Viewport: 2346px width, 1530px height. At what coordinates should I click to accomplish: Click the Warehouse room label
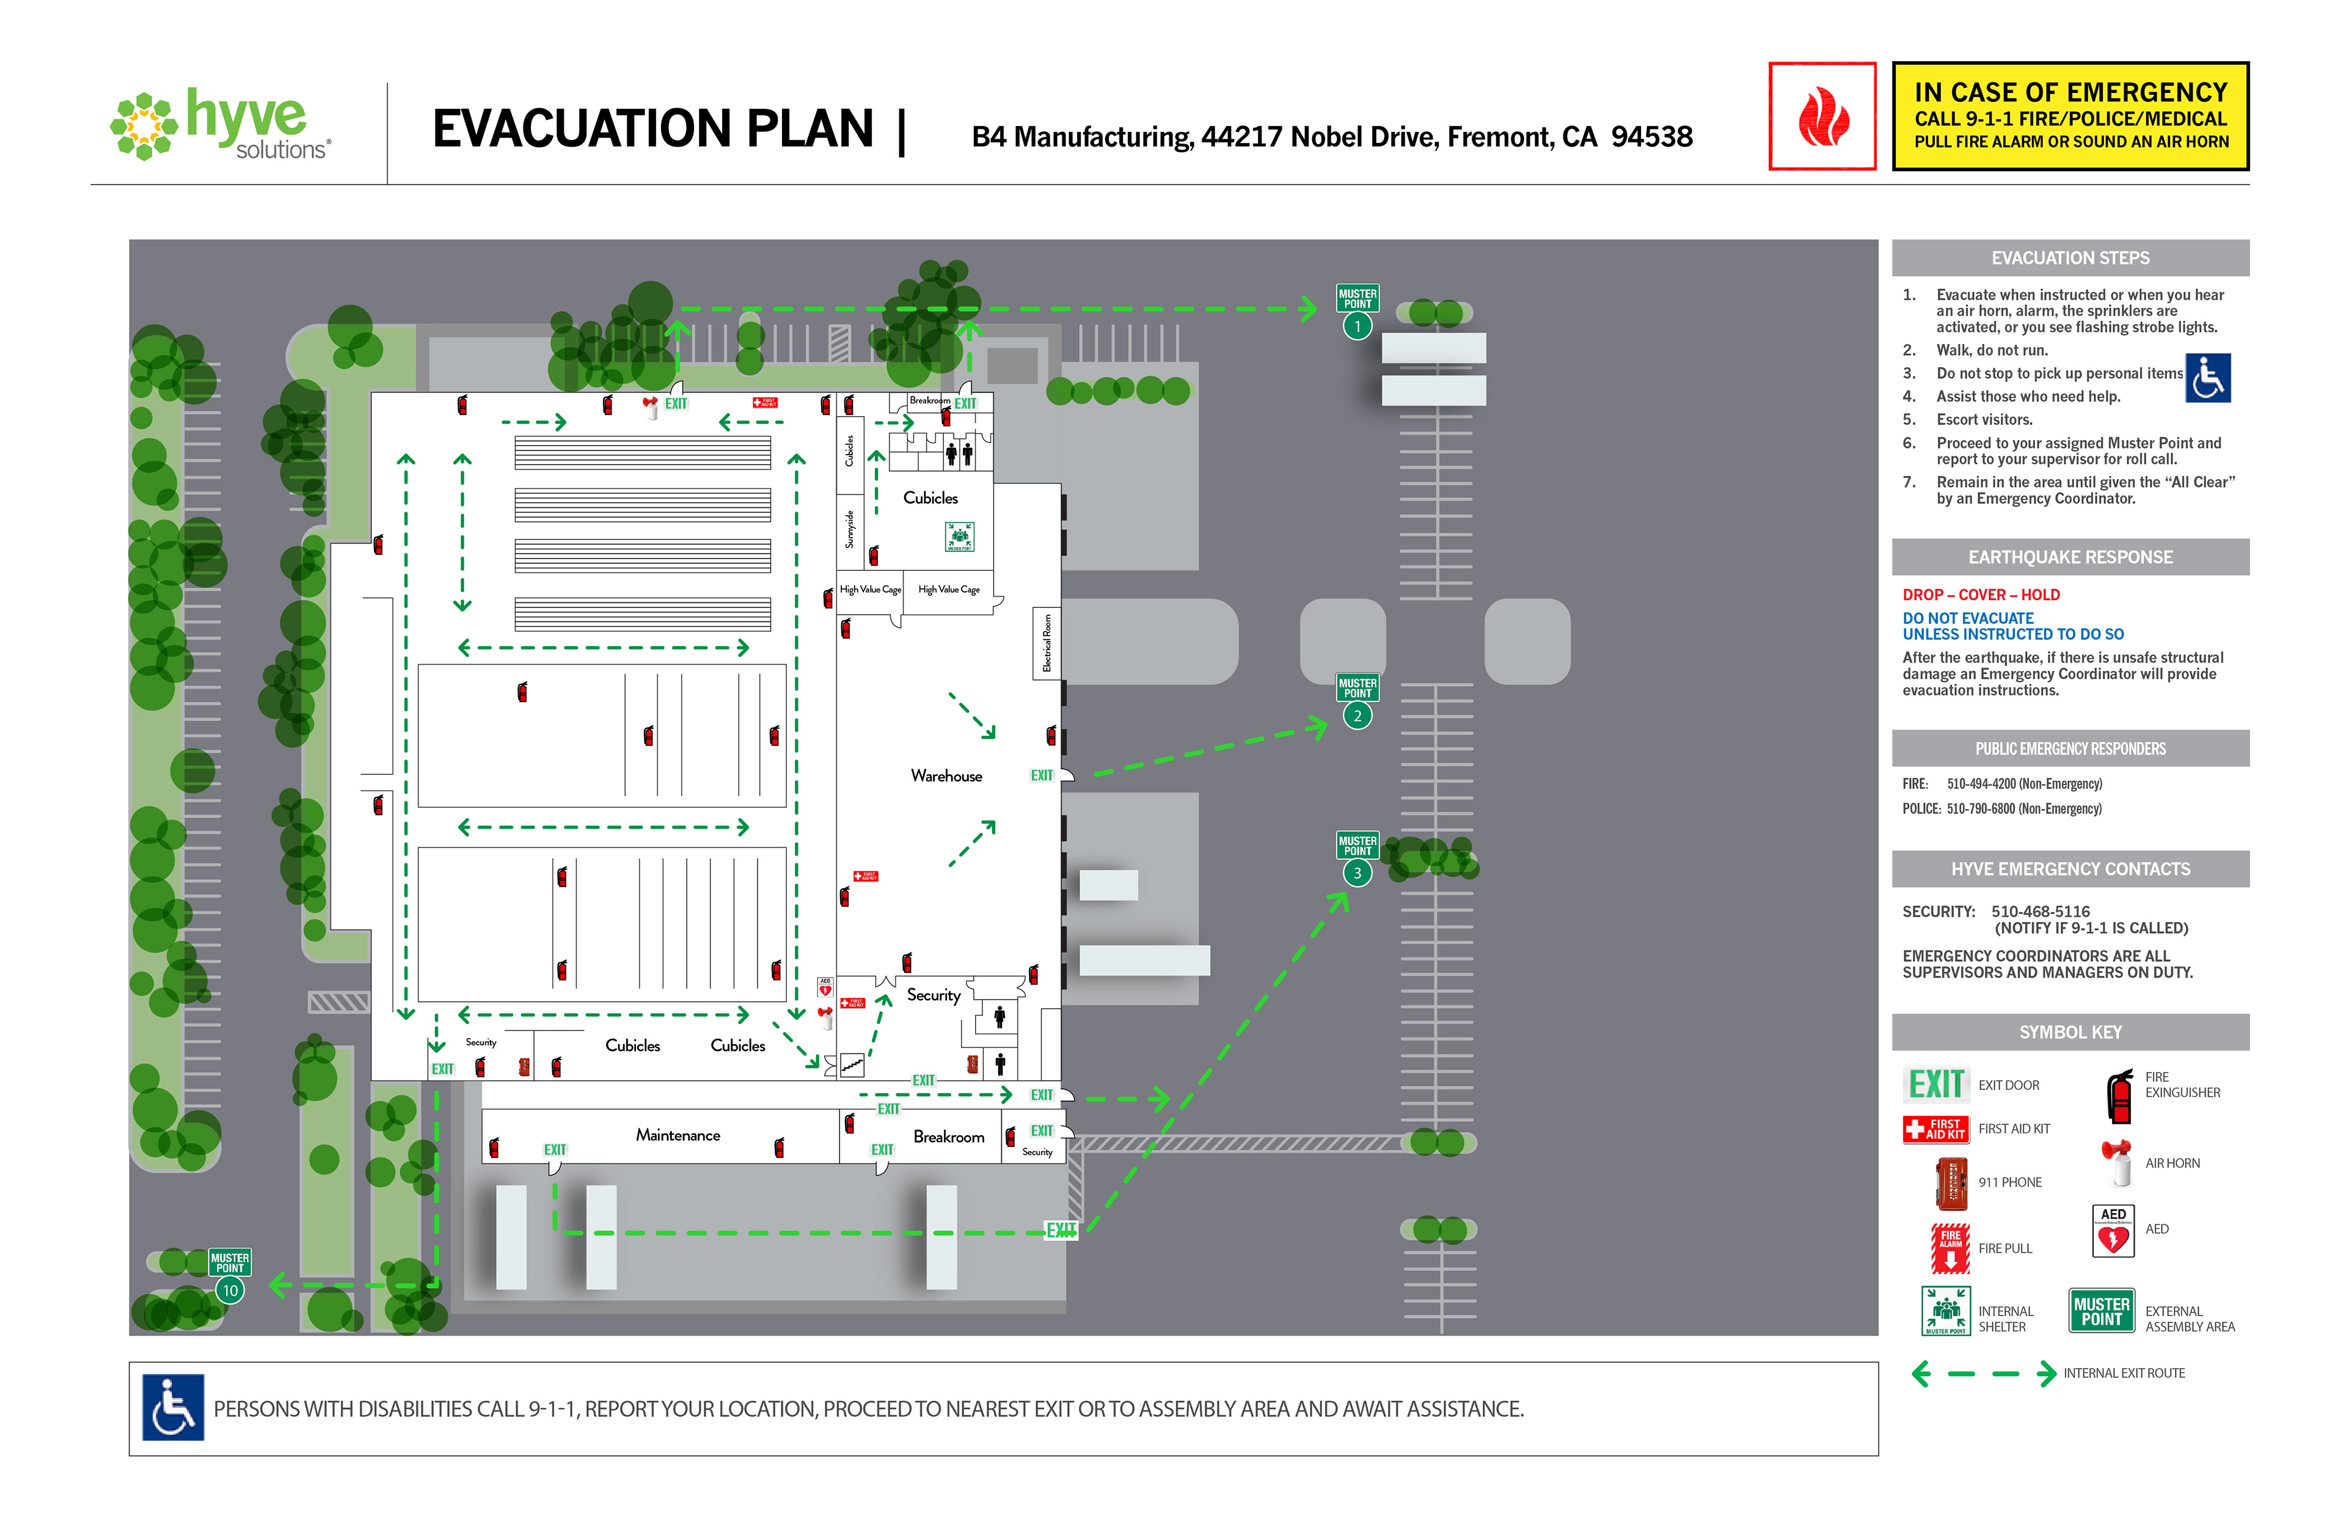pyautogui.click(x=946, y=776)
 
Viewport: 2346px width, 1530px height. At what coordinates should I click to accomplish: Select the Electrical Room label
pyautogui.click(x=1047, y=643)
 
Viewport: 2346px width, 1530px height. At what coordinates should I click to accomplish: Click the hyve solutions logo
pyautogui.click(x=222, y=125)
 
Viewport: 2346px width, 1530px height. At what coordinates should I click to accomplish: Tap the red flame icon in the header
pyautogui.click(x=1822, y=116)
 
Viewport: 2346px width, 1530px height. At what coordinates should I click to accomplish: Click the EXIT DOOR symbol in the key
pyautogui.click(x=1936, y=1085)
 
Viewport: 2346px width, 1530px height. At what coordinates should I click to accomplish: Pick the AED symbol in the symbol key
pyautogui.click(x=2113, y=1231)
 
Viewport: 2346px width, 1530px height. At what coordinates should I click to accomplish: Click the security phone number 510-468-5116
pyautogui.click(x=2039, y=912)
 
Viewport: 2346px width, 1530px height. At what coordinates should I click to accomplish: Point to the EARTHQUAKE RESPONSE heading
pyautogui.click(x=2070, y=557)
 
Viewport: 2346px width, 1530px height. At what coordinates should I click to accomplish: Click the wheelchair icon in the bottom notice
pyautogui.click(x=174, y=1408)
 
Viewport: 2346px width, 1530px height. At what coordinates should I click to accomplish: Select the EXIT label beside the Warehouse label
pyautogui.click(x=1041, y=776)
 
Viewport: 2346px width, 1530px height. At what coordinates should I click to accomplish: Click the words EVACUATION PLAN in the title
pyautogui.click(x=652, y=129)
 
